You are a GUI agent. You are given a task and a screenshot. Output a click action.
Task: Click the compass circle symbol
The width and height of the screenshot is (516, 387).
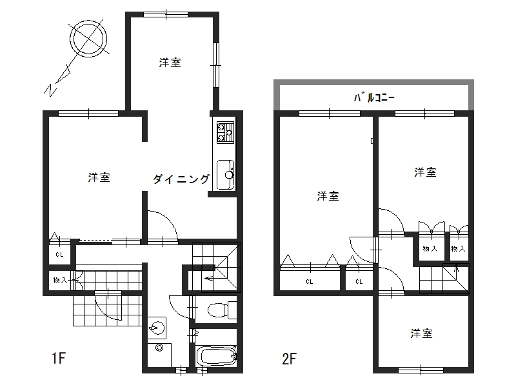(x=88, y=25)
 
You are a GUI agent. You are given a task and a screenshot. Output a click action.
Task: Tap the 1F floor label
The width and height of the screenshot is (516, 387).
(x=59, y=359)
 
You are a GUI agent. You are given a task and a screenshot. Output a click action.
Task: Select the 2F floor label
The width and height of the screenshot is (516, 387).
(x=289, y=359)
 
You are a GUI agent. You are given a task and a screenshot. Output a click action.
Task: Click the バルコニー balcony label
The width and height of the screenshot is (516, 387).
(x=374, y=98)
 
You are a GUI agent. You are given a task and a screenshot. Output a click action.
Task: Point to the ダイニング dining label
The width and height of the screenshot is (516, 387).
(x=181, y=179)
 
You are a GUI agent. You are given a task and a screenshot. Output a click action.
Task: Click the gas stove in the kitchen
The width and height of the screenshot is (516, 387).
(x=225, y=132)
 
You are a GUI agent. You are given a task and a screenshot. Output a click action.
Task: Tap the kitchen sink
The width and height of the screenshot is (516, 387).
(x=225, y=175)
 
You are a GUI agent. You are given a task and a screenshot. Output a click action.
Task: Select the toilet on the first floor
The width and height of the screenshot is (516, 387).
(x=222, y=310)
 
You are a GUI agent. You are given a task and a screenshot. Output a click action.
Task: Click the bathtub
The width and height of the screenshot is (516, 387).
(x=217, y=357)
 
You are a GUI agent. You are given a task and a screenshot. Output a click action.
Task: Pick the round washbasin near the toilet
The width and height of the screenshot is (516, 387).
(x=156, y=328)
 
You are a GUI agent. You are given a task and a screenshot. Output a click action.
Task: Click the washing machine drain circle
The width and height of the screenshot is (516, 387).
(x=159, y=348)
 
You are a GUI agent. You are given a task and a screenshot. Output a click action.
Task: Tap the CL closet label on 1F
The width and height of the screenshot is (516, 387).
(x=59, y=254)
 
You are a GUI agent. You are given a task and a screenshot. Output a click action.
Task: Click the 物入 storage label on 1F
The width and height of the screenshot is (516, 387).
(x=61, y=281)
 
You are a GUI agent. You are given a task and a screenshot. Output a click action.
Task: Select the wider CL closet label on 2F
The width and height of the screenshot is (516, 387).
(x=310, y=282)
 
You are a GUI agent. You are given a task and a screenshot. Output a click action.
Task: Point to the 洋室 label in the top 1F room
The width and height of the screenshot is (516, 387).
(x=170, y=63)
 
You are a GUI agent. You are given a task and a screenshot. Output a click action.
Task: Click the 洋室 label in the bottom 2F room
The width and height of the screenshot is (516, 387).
(x=422, y=333)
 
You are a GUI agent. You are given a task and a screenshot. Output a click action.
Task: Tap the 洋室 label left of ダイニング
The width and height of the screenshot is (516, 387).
(x=99, y=178)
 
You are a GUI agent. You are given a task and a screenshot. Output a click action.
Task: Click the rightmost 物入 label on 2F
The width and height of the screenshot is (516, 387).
(x=459, y=249)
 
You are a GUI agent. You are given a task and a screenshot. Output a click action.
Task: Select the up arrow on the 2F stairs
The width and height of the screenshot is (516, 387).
(x=457, y=268)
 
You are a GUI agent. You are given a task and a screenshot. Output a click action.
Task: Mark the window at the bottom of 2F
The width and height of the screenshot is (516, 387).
(x=422, y=370)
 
